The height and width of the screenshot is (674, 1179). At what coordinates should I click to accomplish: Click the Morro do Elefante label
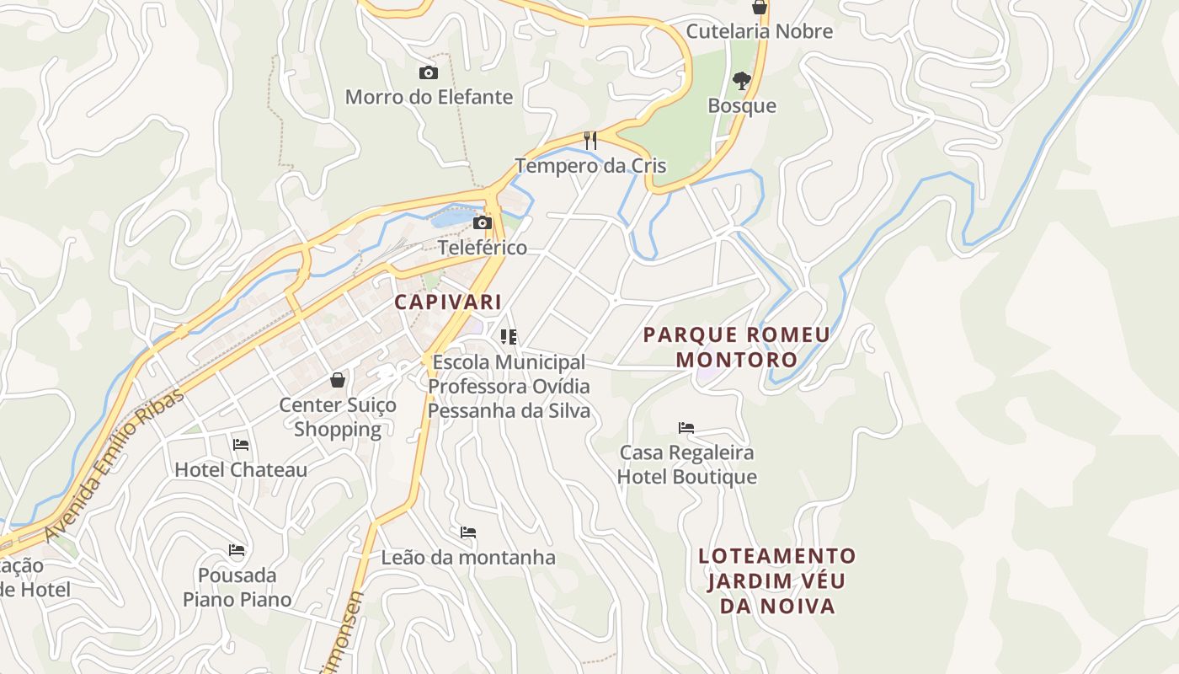(429, 97)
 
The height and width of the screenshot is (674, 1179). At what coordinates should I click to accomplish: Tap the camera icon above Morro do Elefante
(429, 73)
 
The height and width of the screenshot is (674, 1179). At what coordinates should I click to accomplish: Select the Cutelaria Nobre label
(759, 31)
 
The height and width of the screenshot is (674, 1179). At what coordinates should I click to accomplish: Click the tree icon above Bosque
(741, 81)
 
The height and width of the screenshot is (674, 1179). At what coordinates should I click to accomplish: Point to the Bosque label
(741, 105)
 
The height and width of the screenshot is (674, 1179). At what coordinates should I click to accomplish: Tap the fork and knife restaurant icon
(590, 141)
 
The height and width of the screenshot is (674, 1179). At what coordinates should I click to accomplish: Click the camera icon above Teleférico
(483, 223)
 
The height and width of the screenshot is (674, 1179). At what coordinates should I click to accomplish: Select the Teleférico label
(483, 248)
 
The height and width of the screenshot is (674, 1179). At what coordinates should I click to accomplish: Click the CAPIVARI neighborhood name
(448, 302)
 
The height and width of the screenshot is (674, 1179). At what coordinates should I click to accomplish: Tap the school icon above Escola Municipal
(509, 337)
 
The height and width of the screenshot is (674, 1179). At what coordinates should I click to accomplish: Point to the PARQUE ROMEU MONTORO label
(737, 347)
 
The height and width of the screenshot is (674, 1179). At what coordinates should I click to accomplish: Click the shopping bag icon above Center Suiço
(338, 380)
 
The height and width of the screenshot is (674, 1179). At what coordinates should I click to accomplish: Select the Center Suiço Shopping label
(338, 417)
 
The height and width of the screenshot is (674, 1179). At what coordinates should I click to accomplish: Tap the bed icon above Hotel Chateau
(241, 445)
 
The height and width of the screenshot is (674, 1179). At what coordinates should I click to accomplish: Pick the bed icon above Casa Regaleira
(686, 428)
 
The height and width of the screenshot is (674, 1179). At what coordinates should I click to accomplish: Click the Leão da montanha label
(468, 557)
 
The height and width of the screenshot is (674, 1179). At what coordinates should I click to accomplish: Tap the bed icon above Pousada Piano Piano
(237, 551)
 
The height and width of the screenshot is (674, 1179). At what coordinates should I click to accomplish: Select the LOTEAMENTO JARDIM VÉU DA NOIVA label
(776, 580)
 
